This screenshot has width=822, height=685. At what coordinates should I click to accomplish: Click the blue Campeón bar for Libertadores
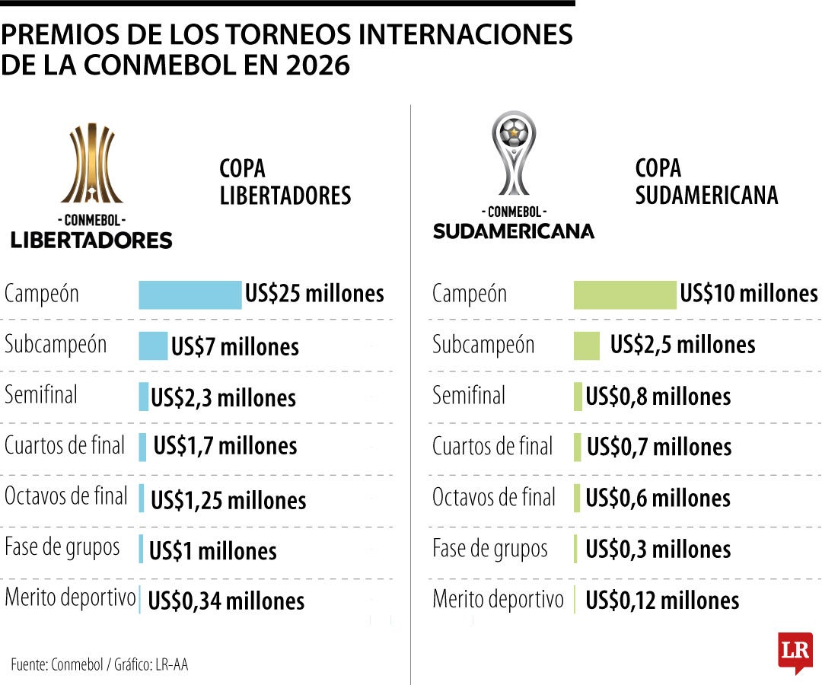tap(190, 295)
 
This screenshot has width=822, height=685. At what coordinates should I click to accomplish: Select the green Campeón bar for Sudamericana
tap(624, 295)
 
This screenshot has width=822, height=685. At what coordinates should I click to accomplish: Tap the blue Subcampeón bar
tap(153, 346)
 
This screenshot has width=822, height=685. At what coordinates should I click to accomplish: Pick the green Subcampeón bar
tap(586, 346)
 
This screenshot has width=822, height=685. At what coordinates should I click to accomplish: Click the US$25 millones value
tap(314, 294)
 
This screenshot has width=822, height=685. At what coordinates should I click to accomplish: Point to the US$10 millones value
tap(749, 294)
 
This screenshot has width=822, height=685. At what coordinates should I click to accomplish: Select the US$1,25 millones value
tap(228, 500)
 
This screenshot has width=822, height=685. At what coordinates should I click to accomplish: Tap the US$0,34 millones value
tap(226, 601)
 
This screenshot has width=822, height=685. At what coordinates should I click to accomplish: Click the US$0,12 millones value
tap(662, 601)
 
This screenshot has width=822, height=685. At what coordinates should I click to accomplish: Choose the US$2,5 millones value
tap(683, 345)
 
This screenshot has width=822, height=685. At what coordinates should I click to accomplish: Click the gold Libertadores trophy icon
tap(91, 164)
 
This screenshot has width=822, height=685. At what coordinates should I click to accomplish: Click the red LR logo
tap(795, 652)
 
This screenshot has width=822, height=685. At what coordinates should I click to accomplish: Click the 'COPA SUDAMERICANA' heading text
tap(706, 182)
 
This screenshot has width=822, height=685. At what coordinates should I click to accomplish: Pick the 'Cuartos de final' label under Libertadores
tap(65, 446)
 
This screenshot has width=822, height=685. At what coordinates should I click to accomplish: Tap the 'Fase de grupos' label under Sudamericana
tap(490, 549)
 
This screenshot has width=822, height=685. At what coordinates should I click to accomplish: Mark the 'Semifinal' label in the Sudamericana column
tap(469, 396)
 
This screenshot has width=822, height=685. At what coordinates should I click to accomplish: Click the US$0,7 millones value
tap(659, 448)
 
